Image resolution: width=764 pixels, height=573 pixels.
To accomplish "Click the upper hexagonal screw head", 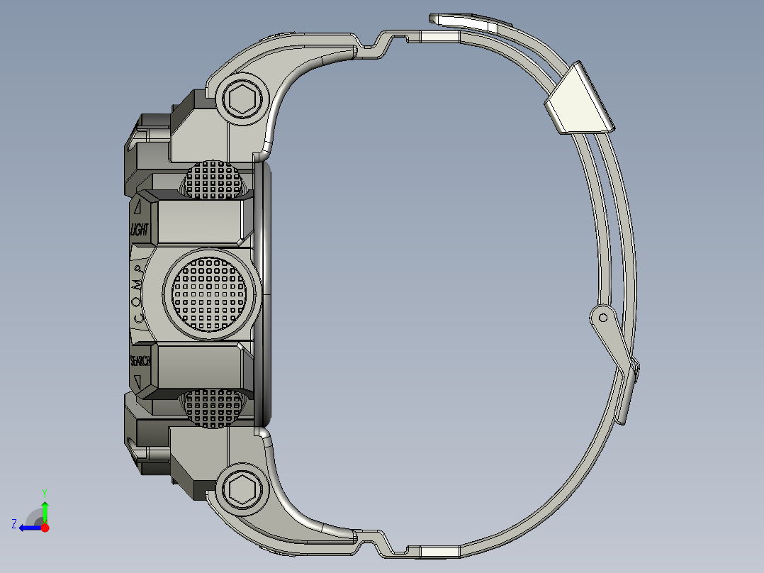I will point(242,100).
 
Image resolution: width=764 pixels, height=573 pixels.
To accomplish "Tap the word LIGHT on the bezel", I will point(139,230).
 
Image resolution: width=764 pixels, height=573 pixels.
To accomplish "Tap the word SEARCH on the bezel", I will point(140,361).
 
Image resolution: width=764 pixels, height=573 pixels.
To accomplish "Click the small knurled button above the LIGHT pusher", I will point(215,180).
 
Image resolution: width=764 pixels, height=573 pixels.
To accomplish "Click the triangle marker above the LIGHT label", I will point(137,207).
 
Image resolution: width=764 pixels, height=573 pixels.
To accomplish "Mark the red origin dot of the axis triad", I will point(45,528).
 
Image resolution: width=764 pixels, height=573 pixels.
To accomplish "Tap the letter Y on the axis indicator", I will point(44,492).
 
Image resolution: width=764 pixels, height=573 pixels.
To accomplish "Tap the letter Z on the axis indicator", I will point(14,523).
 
